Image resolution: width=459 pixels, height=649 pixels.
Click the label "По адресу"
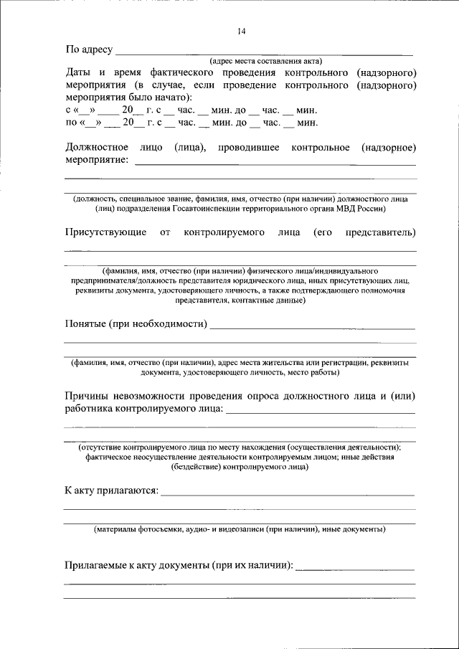pyautogui.click(x=89, y=49)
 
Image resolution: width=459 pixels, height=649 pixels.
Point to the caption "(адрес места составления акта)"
pyautogui.click(x=266, y=61)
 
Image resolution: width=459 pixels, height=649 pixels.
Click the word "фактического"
pyautogui.click(x=185, y=73)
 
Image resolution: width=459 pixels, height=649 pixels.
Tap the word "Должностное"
pyautogui.click(x=97, y=147)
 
